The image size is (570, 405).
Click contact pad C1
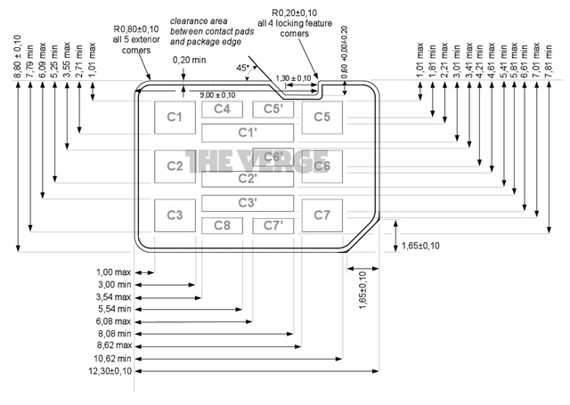click(175, 117)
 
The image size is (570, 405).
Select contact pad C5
click(322, 117)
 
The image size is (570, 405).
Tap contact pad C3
click(175, 215)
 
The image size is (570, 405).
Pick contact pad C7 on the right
click(322, 215)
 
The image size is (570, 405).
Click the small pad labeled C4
click(223, 109)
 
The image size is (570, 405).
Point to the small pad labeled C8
click(223, 224)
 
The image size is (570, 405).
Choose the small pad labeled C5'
click(273, 109)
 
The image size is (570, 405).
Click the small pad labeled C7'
click(273, 224)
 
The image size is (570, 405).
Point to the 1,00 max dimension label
click(113, 271)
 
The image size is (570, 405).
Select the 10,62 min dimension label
click(111, 359)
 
